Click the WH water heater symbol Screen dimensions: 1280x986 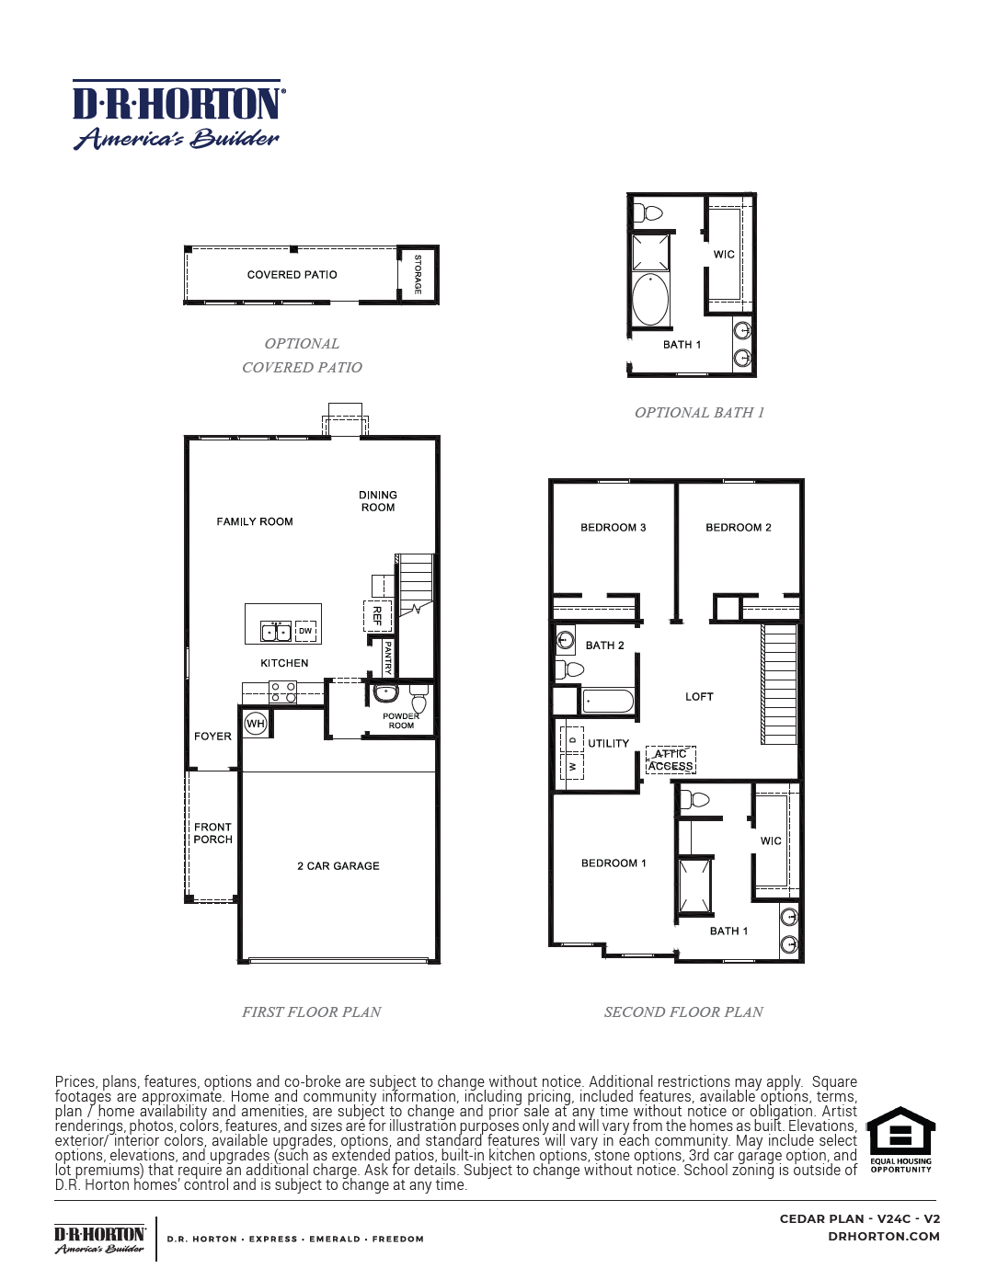(255, 724)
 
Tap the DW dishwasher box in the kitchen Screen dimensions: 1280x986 (305, 631)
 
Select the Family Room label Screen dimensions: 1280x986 (255, 521)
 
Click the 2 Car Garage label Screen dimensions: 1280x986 (338, 866)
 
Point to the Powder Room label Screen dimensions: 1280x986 (401, 721)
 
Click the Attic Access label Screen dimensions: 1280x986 (671, 760)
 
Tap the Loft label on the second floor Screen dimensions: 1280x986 (699, 697)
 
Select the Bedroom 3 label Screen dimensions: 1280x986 (613, 528)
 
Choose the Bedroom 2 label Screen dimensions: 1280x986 (739, 528)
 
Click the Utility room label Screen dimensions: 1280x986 (609, 744)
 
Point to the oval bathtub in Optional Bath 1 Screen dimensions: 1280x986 (650, 299)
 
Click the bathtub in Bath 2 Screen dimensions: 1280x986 (608, 702)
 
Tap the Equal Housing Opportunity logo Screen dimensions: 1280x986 (901, 1139)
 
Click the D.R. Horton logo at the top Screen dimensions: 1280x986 (178, 114)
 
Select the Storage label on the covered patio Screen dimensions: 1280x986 (418, 274)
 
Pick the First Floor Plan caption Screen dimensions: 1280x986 (311, 1012)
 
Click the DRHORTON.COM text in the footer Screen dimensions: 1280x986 (884, 1237)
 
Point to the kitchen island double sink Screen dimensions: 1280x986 (276, 632)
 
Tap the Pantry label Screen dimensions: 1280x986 (388, 657)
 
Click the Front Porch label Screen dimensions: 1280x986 (212, 833)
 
